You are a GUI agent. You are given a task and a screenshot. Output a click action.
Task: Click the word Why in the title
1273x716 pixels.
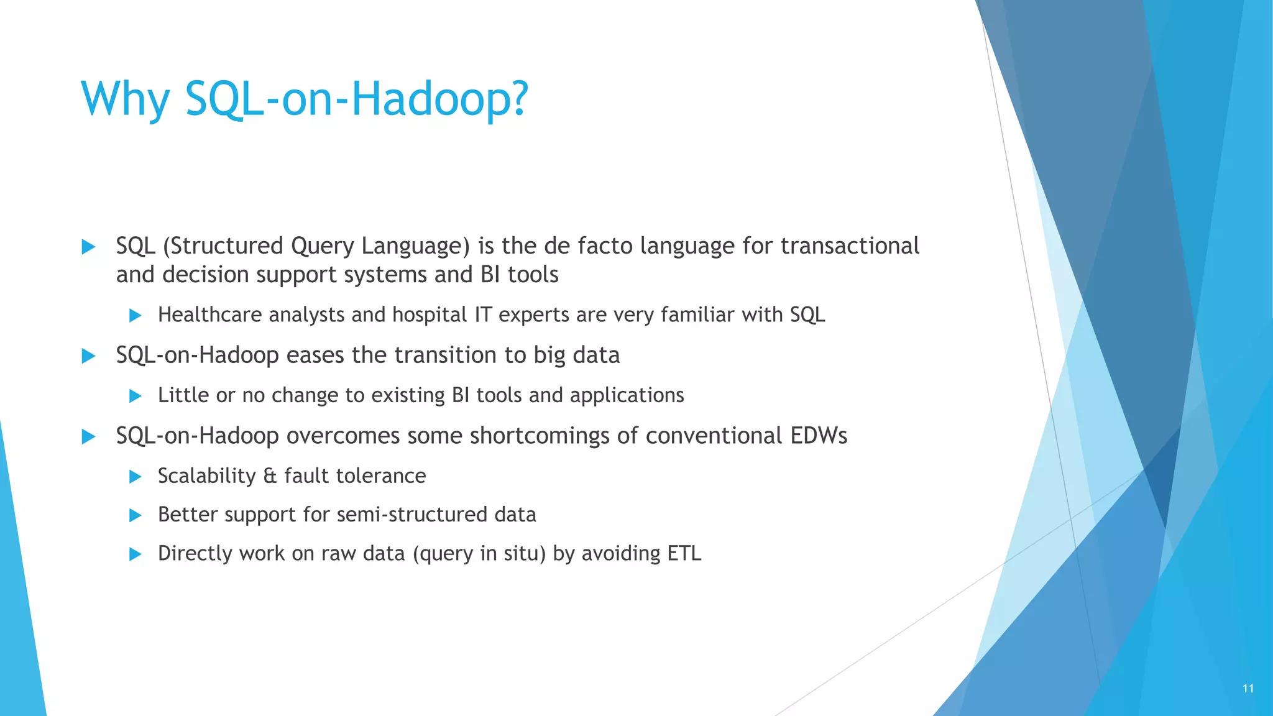[x=125, y=99]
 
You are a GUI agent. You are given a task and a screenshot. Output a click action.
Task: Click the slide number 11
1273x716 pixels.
[x=1248, y=689]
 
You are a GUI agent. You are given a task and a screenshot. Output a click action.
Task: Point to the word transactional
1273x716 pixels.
[x=850, y=246]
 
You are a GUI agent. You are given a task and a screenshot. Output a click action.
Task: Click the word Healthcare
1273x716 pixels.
[x=209, y=315]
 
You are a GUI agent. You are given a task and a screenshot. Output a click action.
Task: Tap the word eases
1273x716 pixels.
[x=315, y=356]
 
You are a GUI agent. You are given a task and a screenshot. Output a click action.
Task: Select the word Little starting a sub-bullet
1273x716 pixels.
[x=183, y=395]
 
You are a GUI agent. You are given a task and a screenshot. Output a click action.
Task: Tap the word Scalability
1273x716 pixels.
[x=206, y=476]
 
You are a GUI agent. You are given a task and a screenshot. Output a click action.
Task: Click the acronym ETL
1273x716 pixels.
[x=684, y=553]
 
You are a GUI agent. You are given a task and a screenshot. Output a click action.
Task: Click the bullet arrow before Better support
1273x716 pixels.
[x=135, y=515]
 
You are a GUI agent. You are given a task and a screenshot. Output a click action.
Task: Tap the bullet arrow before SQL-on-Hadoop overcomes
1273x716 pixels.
[x=88, y=436]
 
